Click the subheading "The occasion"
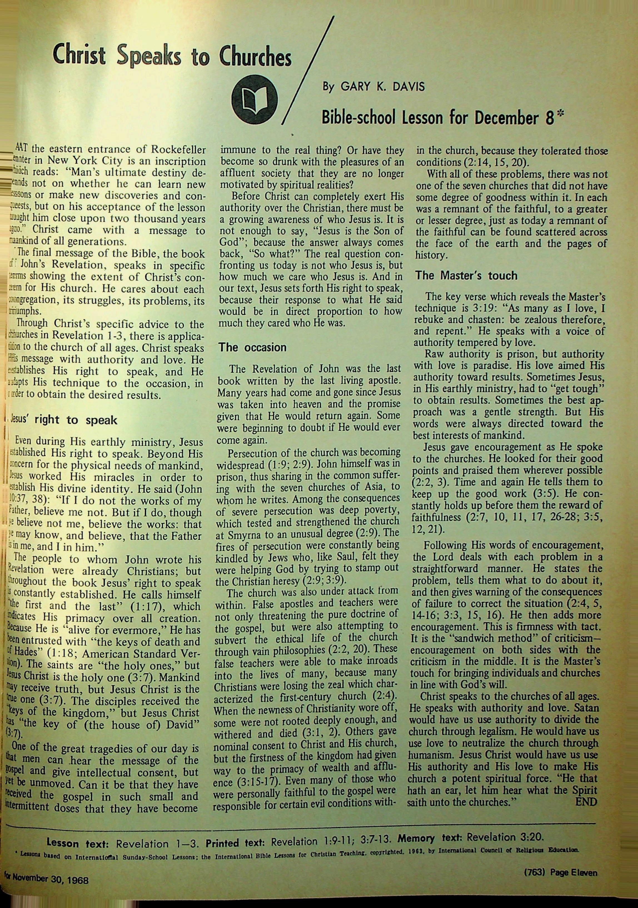point(253,347)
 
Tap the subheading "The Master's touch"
point(466,276)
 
